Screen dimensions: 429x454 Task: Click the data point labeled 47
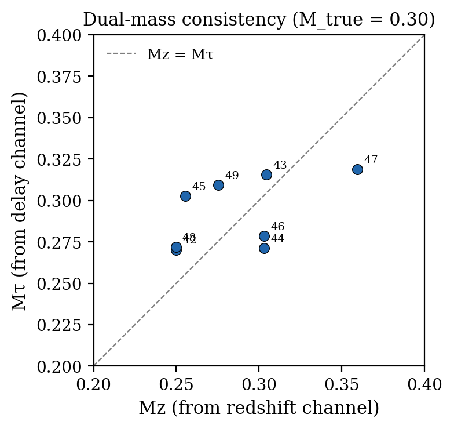point(357,169)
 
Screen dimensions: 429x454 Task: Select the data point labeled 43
point(266,174)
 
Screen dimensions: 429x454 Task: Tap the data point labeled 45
point(185,196)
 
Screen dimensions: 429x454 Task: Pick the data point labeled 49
point(218,185)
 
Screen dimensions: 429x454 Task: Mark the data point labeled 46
point(264,236)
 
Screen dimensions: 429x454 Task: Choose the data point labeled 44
point(264,248)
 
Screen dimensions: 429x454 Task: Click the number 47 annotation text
point(371,160)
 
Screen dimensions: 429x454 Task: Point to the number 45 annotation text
point(199,187)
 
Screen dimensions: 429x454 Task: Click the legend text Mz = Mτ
point(180,55)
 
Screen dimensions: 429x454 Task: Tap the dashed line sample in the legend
point(121,54)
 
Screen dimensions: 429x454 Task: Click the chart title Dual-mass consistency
point(259,20)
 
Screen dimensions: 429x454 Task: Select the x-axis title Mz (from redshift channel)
point(259,408)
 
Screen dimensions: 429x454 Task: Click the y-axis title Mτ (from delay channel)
point(20,201)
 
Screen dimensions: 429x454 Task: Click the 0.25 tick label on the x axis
point(177,384)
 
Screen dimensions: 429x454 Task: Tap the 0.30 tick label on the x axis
point(259,384)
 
